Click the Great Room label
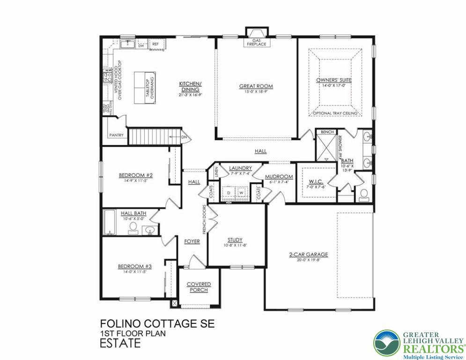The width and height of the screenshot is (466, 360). tap(256, 86)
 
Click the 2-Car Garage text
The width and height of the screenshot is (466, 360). tap(308, 255)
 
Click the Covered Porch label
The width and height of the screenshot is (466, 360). tap(199, 287)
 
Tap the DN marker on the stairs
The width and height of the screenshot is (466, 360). tap(184, 137)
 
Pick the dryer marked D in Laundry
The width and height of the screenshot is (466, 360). tap(229, 193)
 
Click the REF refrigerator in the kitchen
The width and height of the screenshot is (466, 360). tap(155, 44)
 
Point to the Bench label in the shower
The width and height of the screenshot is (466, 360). tap(327, 133)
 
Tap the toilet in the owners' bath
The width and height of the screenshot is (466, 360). tap(364, 194)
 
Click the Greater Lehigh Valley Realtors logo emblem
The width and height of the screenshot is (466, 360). tap(387, 343)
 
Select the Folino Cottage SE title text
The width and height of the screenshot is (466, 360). tap(149, 324)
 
